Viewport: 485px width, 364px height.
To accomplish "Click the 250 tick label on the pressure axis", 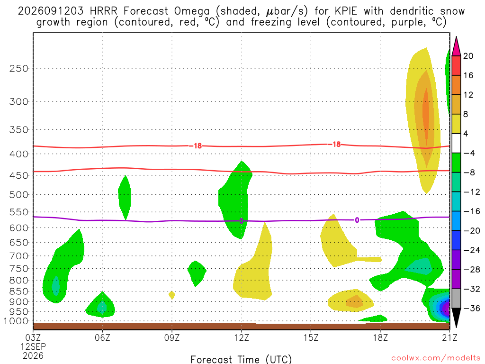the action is point(19,68).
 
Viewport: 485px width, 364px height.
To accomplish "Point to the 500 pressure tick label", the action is point(19,195).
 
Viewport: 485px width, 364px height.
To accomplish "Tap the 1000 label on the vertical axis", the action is point(16,321).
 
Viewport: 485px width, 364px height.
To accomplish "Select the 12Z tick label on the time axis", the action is point(241,337).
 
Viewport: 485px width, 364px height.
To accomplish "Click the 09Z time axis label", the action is point(172,337).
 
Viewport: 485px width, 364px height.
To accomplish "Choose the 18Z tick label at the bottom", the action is point(380,337).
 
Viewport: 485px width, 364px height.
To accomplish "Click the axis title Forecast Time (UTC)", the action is point(241,359).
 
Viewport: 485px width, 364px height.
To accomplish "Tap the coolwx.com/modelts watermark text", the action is point(436,358).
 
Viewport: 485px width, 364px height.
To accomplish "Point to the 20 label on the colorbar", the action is point(468,56).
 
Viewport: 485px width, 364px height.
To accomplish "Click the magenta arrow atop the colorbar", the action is point(456,46).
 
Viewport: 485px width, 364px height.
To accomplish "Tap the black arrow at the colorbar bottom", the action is point(456,318).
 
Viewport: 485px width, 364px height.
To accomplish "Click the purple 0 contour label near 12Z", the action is point(241,221).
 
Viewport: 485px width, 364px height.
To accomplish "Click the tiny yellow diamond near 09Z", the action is point(171,295).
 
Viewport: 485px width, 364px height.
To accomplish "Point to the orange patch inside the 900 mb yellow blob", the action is point(354,301).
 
